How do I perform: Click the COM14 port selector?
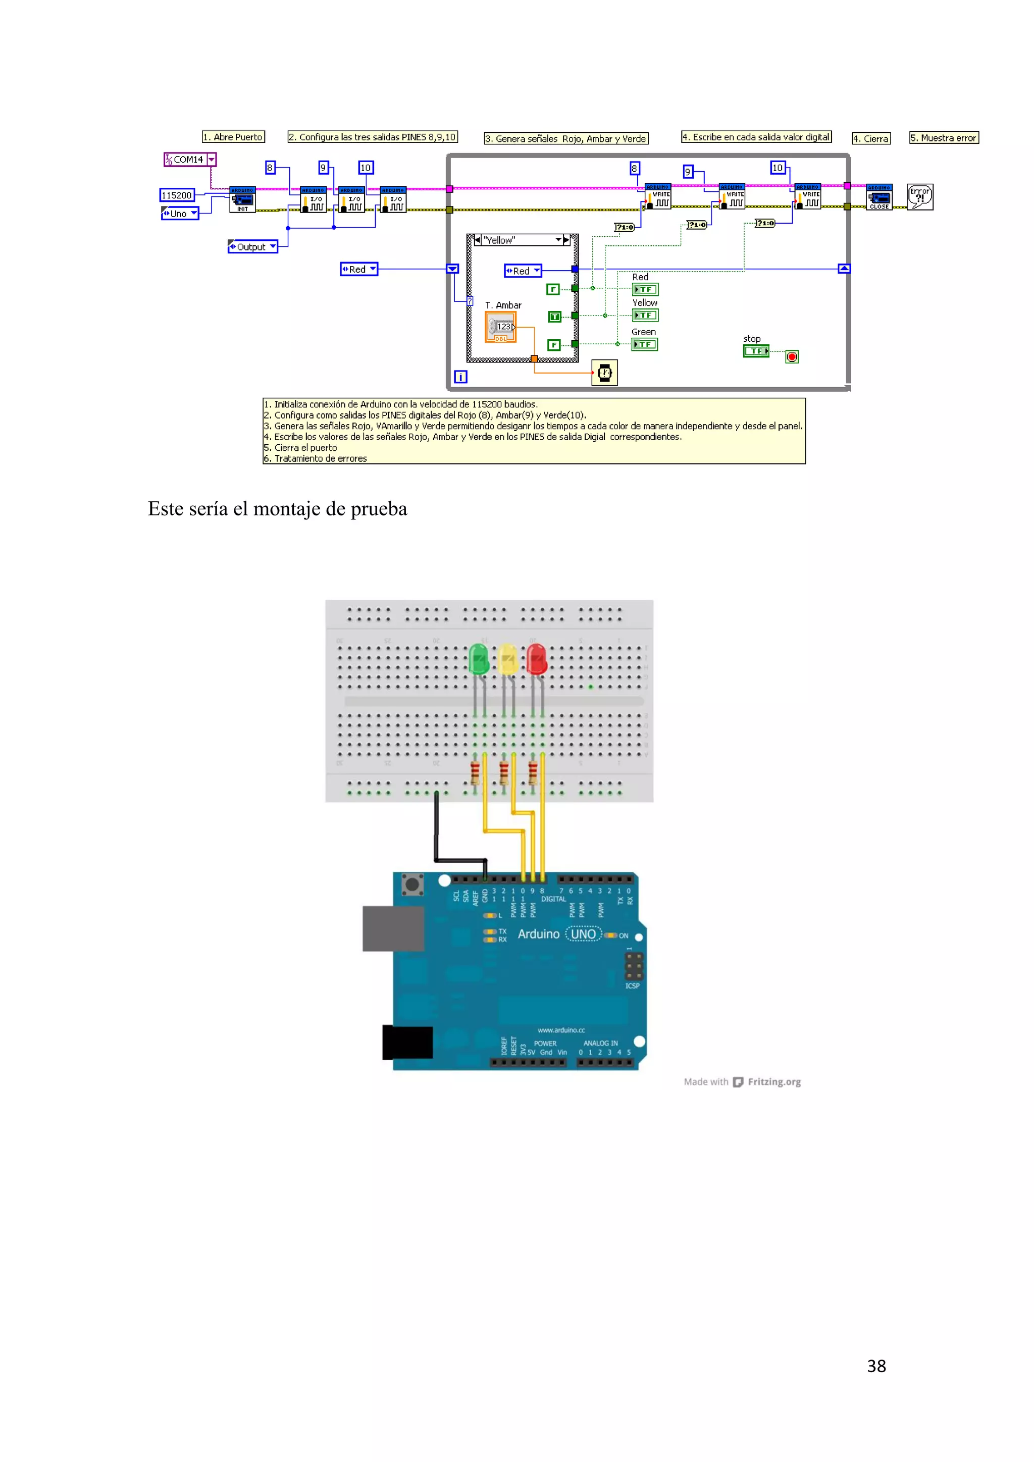pyautogui.click(x=190, y=159)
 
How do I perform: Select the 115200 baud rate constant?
pyautogui.click(x=176, y=195)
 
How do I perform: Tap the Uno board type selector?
pyautogui.click(x=180, y=214)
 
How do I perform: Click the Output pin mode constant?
pyautogui.click(x=252, y=246)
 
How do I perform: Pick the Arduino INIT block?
pyautogui.click(x=242, y=200)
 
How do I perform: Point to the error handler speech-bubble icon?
pyautogui.click(x=919, y=197)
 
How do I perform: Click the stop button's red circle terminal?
pyautogui.click(x=792, y=356)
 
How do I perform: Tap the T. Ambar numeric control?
pyautogui.click(x=500, y=327)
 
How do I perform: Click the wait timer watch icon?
pyautogui.click(x=604, y=373)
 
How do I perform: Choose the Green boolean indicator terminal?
pyautogui.click(x=644, y=344)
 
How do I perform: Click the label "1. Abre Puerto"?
pyautogui.click(x=233, y=137)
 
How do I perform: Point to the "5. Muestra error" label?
pyautogui.click(x=944, y=137)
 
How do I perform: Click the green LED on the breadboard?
pyautogui.click(x=478, y=658)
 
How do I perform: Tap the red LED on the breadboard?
pyautogui.click(x=537, y=658)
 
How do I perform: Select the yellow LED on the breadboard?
pyautogui.click(x=507, y=658)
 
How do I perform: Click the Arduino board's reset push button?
pyautogui.click(x=412, y=884)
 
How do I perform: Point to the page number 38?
pyautogui.click(x=876, y=1366)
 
